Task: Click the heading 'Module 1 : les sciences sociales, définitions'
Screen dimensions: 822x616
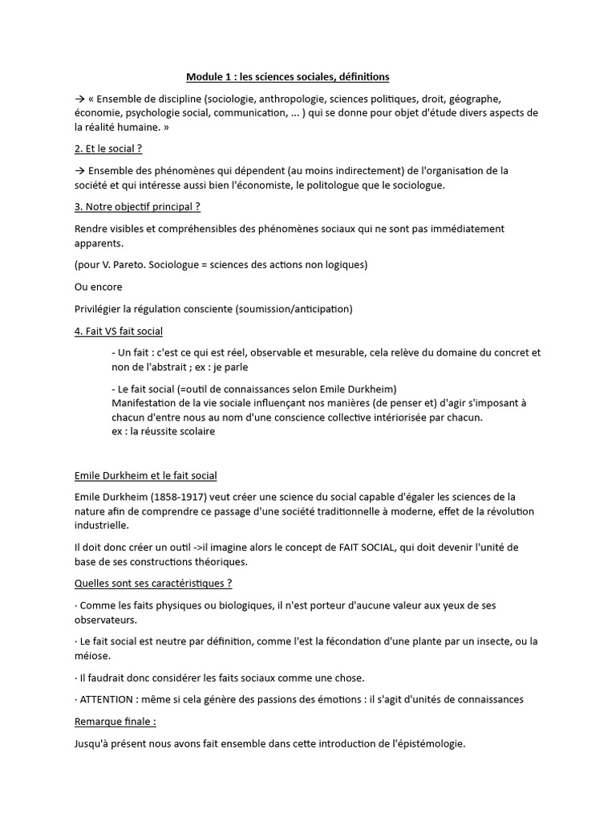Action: pyautogui.click(x=287, y=77)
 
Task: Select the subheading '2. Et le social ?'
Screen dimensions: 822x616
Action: pyautogui.click(x=107, y=149)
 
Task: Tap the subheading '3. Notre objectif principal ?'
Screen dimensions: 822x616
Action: pyautogui.click(x=136, y=207)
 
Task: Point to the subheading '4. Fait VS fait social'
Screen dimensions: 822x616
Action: pyautogui.click(x=118, y=331)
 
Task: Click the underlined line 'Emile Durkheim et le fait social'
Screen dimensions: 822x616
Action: pyautogui.click(x=145, y=476)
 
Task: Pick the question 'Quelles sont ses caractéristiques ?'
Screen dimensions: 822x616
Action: pyautogui.click(x=152, y=584)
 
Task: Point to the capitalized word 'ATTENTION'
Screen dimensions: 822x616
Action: pyautogui.click(x=107, y=699)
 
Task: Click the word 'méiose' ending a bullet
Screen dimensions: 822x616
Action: pyautogui.click(x=91, y=656)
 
